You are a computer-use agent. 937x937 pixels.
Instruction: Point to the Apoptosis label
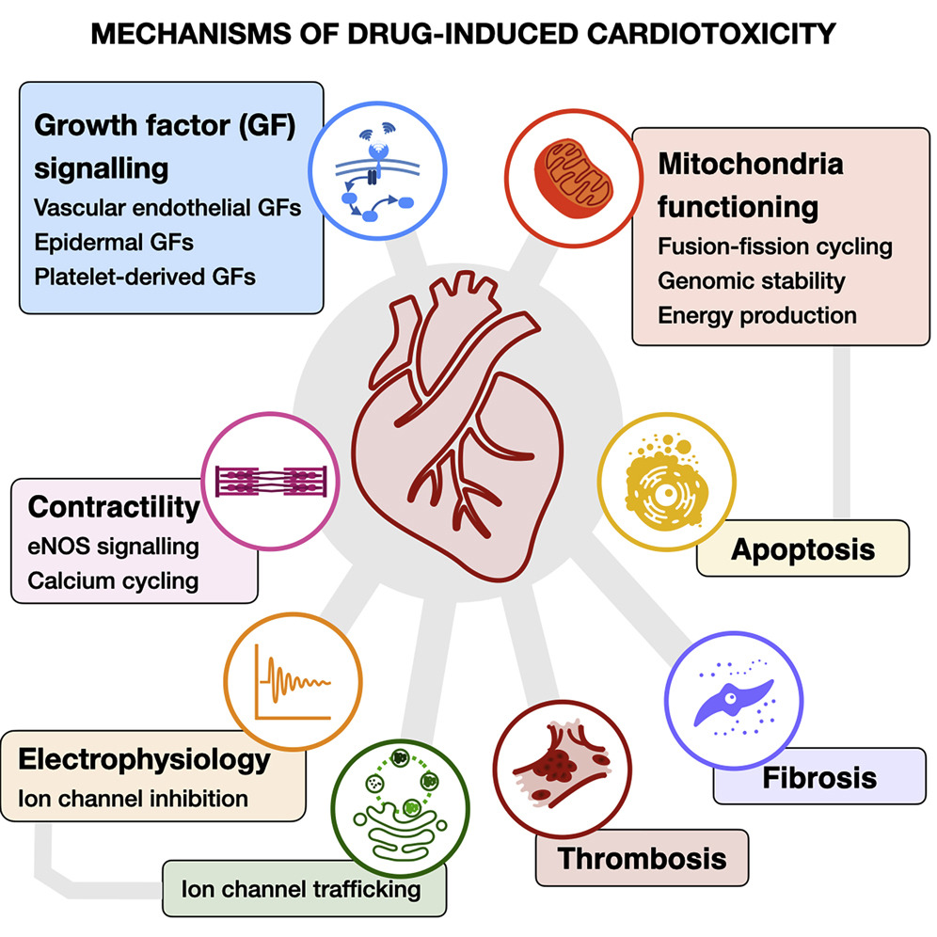pyautogui.click(x=802, y=548)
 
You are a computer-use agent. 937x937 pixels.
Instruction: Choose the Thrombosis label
pyautogui.click(x=642, y=858)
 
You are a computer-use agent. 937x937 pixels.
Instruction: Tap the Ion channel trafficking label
pyautogui.click(x=301, y=888)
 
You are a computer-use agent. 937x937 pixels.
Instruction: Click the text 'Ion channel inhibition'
pyautogui.click(x=133, y=800)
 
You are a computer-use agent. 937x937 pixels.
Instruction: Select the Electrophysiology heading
pyautogui.click(x=144, y=758)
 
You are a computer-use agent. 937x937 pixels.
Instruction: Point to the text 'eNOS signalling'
pyautogui.click(x=113, y=546)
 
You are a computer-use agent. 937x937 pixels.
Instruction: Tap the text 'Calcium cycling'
pyautogui.click(x=113, y=580)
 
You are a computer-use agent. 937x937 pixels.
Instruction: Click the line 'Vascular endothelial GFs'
pyautogui.click(x=167, y=207)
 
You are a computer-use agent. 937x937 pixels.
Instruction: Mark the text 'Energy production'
pyautogui.click(x=757, y=315)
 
